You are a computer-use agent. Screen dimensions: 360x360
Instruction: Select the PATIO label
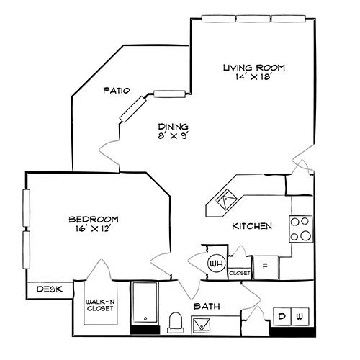tap(115, 91)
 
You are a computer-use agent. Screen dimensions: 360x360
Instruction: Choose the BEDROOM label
tap(94, 219)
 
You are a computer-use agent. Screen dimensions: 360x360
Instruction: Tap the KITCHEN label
tap(251, 226)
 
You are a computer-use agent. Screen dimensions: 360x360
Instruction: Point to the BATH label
tap(206, 307)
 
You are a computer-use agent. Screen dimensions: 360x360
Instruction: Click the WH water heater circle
tap(215, 264)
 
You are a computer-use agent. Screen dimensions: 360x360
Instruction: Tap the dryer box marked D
tap(282, 317)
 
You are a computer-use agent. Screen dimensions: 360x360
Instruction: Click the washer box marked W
tap(300, 317)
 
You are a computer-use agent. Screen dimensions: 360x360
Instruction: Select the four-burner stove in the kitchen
tap(302, 228)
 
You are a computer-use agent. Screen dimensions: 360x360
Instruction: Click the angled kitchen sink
tap(226, 197)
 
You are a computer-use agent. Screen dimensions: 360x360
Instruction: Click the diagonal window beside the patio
tap(133, 109)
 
